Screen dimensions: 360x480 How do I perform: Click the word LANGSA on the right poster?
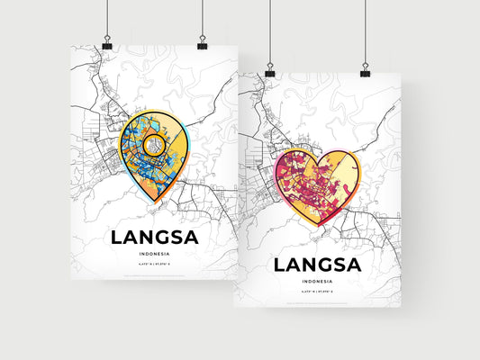316,265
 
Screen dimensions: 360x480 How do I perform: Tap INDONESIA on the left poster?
152,256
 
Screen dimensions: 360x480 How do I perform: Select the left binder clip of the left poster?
106,44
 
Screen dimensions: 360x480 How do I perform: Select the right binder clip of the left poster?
202,44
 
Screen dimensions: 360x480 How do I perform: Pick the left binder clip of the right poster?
269,69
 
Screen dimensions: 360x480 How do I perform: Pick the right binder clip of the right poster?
365,69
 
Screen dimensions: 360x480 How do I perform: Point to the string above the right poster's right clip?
365,31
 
